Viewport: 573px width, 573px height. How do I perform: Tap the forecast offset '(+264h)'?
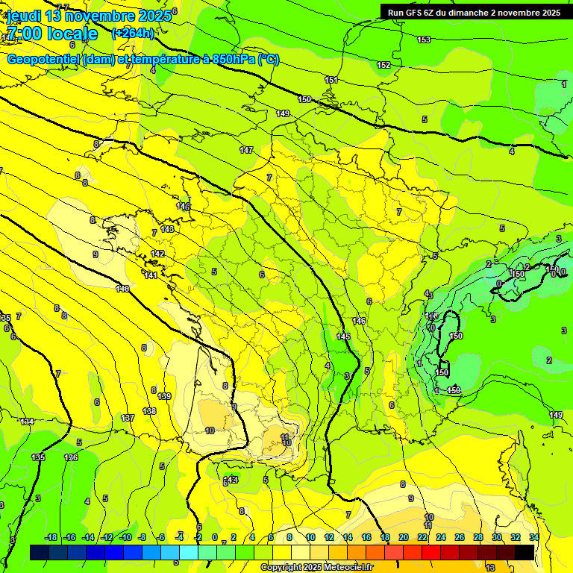tap(133, 33)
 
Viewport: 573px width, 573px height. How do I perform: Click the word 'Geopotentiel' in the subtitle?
tap(43, 60)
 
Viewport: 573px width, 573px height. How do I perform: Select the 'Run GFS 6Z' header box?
tap(474, 13)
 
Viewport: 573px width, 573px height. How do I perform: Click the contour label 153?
tap(424, 40)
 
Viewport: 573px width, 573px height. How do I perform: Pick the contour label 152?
tap(383, 66)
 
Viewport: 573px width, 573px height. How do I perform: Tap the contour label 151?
tap(331, 80)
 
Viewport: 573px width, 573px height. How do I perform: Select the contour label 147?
tap(246, 150)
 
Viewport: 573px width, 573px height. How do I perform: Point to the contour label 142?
tap(157, 254)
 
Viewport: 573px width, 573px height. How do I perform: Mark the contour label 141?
tap(151, 275)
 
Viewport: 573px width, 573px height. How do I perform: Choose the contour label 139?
tap(164, 396)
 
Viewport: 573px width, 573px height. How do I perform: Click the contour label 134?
tap(28, 422)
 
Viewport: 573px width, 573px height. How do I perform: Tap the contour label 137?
tap(128, 418)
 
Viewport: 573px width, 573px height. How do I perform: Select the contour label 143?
tap(167, 229)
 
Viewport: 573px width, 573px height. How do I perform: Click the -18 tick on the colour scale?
tap(51, 537)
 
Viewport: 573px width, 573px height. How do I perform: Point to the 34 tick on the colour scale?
tap(533, 537)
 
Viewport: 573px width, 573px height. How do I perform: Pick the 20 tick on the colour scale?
tap(403, 537)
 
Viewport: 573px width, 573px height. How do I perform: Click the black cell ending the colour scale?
tap(525, 552)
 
